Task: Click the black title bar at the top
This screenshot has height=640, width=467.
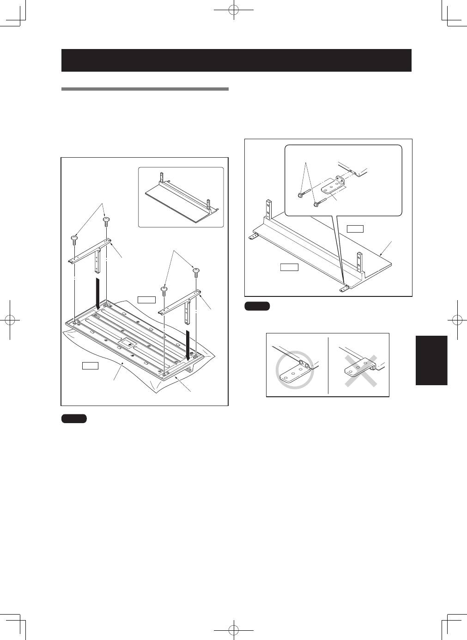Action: pyautogui.click(x=236, y=60)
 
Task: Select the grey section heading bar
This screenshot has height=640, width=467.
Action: pyautogui.click(x=145, y=89)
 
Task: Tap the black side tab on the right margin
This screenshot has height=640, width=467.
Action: pyautogui.click(x=431, y=360)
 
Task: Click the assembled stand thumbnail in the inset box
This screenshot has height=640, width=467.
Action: pyautogui.click(x=181, y=197)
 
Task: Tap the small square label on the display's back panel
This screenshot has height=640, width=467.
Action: pyautogui.click(x=125, y=344)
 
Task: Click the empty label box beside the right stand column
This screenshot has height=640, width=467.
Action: pyautogui.click(x=146, y=299)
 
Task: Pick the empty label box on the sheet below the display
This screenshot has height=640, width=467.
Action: pyautogui.click(x=90, y=366)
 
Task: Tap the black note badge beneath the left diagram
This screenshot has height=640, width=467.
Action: pyautogui.click(x=74, y=418)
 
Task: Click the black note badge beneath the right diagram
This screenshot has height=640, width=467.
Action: pyautogui.click(x=257, y=306)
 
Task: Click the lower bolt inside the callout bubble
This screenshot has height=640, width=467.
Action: pyautogui.click(x=316, y=204)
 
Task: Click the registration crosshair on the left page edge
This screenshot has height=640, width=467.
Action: pyautogui.click(x=10, y=320)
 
